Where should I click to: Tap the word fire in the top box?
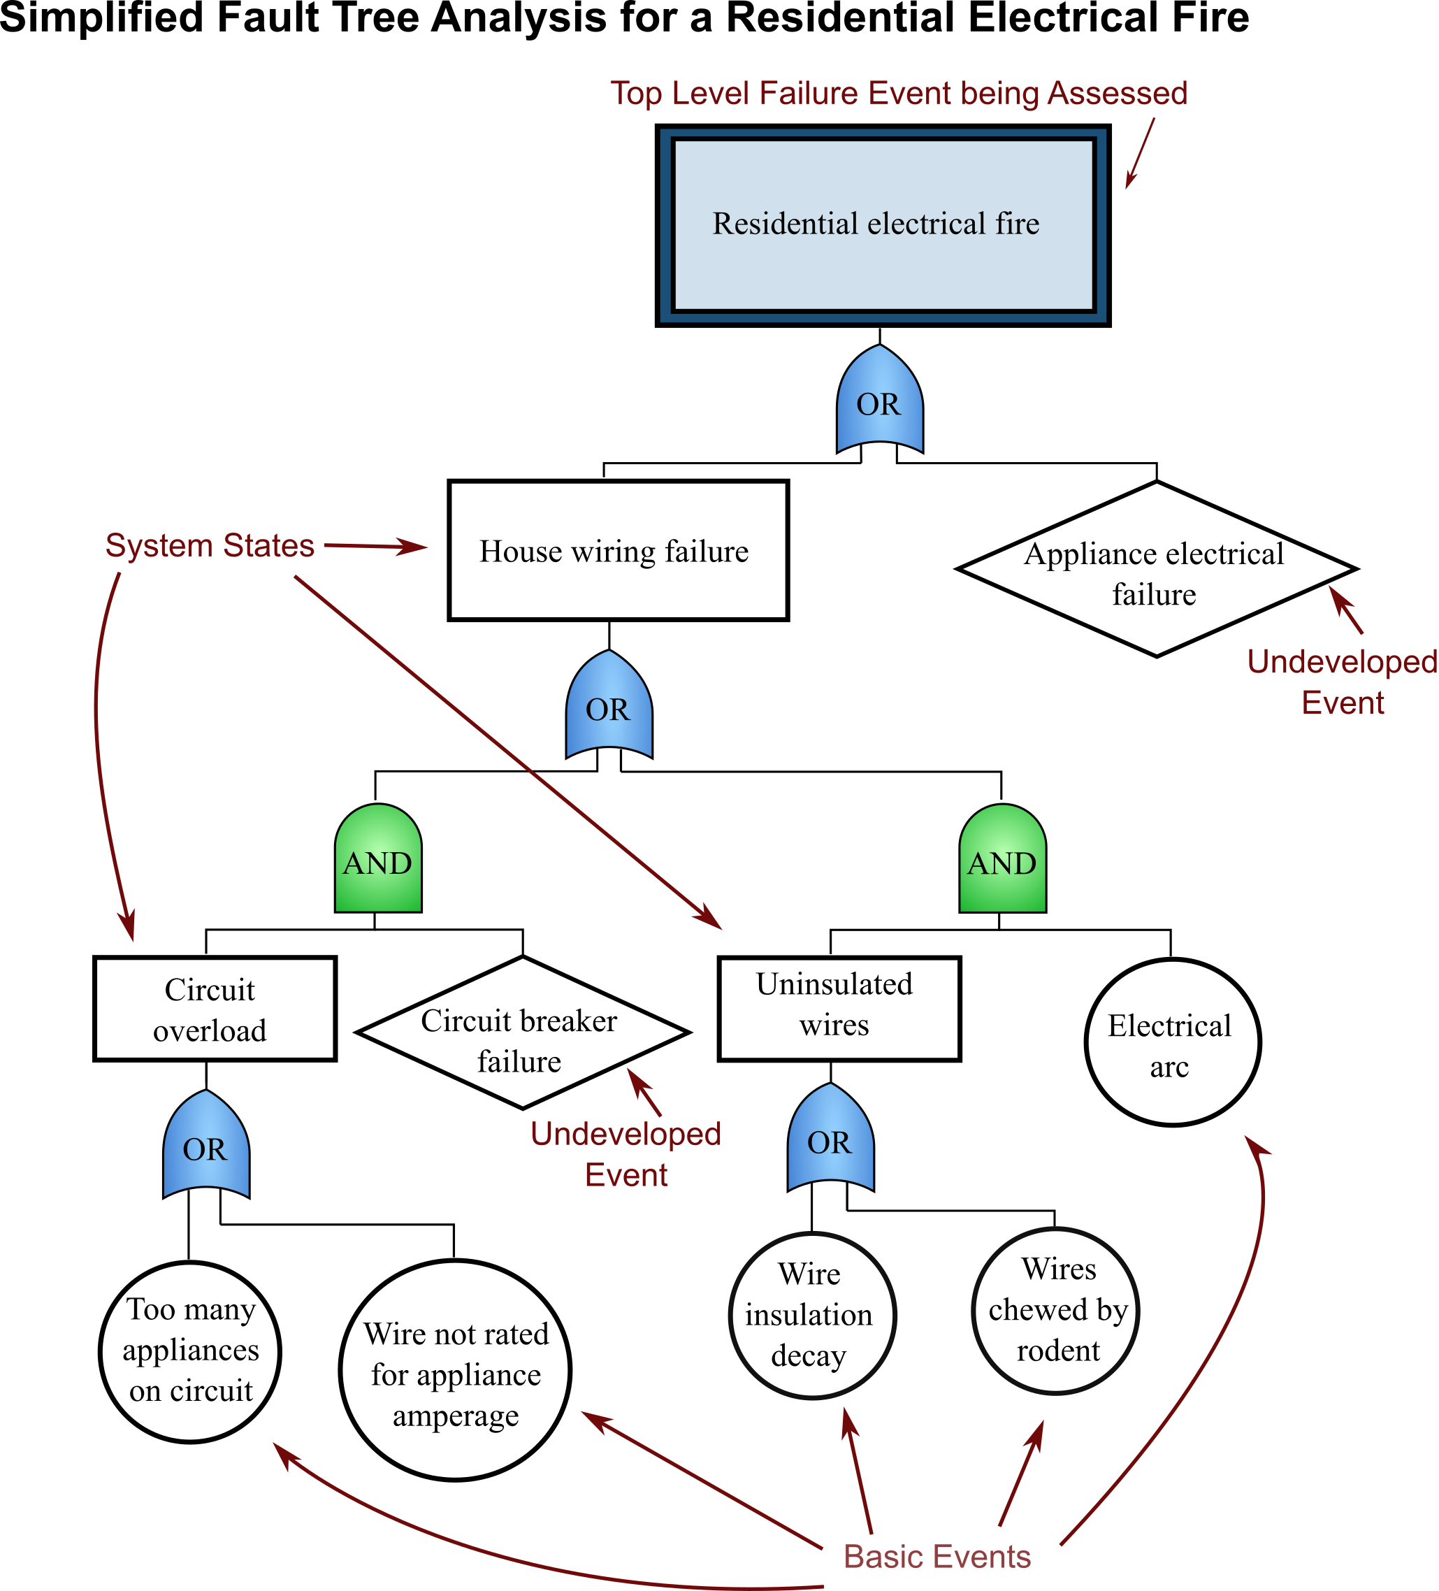[x=1017, y=224]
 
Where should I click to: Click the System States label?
[x=210, y=545]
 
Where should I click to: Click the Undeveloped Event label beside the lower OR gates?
[x=626, y=1154]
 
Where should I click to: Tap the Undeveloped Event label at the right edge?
[x=1342, y=682]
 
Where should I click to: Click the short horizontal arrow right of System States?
[x=375, y=546]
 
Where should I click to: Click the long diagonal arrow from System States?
[x=505, y=750]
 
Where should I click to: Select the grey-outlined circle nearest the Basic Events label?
[x=1055, y=1311]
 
